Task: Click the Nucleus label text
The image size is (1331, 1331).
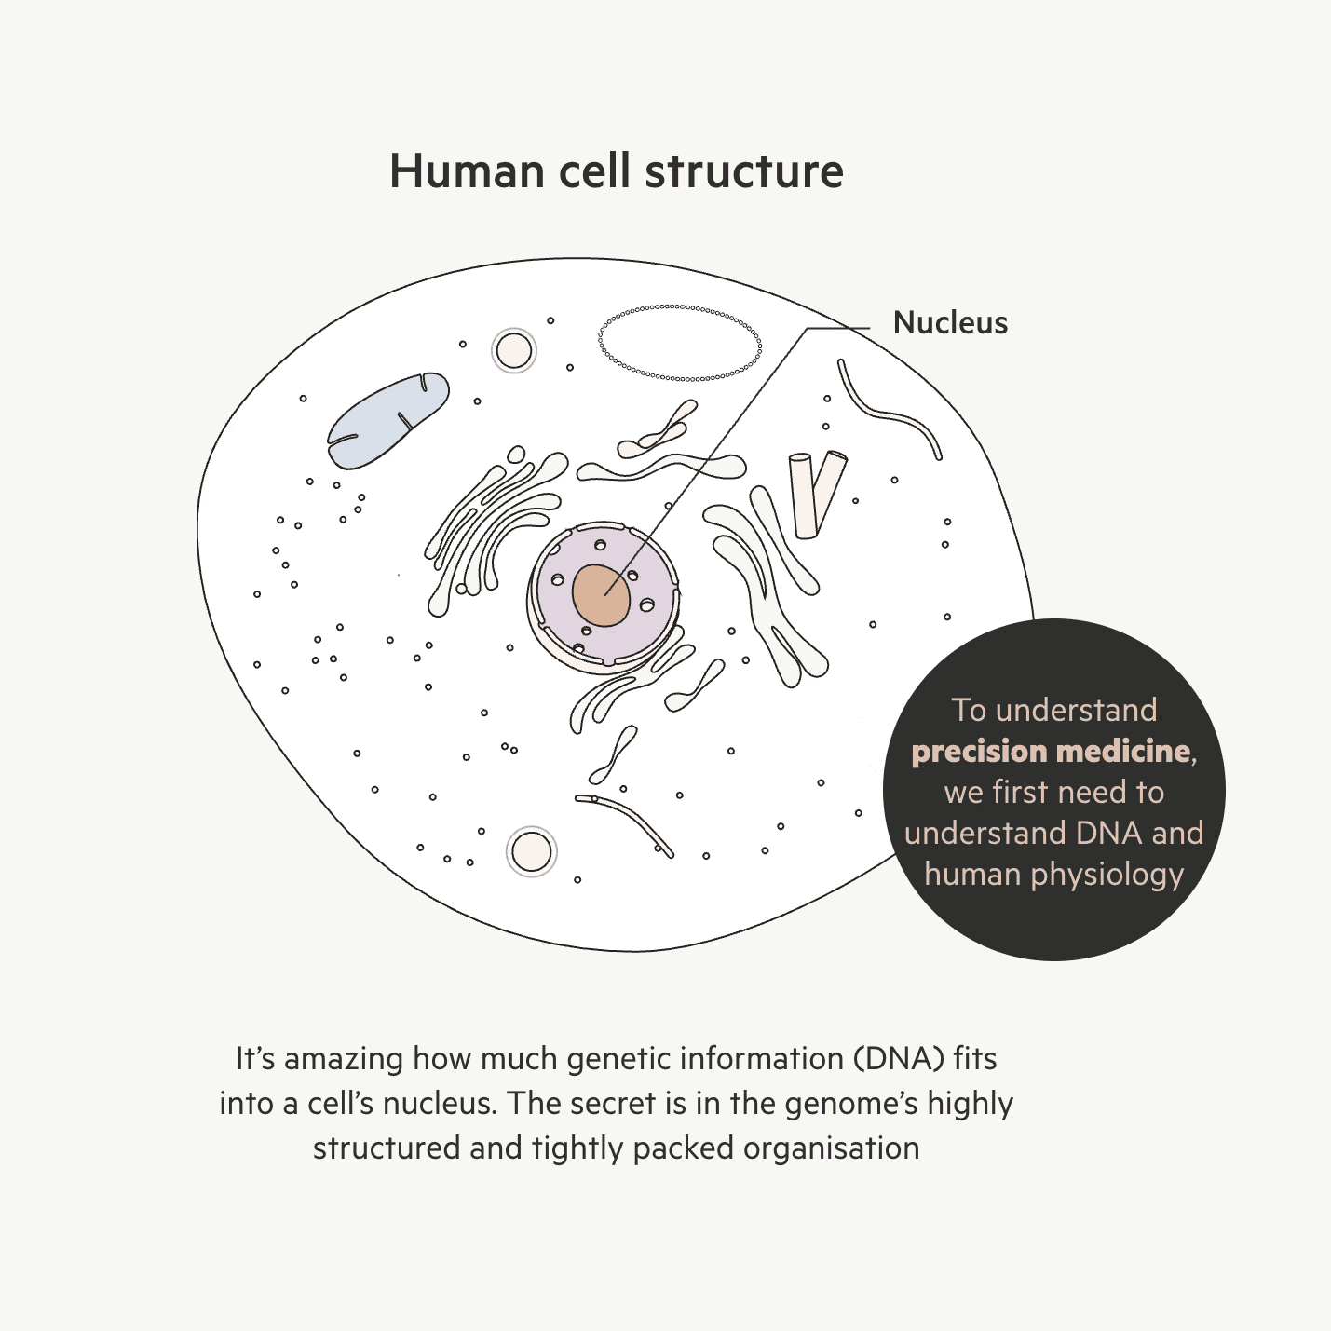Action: (x=950, y=322)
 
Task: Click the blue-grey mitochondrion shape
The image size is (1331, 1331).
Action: (x=387, y=421)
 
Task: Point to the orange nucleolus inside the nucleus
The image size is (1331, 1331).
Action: (x=601, y=595)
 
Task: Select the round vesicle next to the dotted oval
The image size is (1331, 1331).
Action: (x=513, y=351)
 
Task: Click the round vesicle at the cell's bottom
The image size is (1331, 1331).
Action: (x=532, y=851)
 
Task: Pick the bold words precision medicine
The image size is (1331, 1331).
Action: (x=1052, y=751)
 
